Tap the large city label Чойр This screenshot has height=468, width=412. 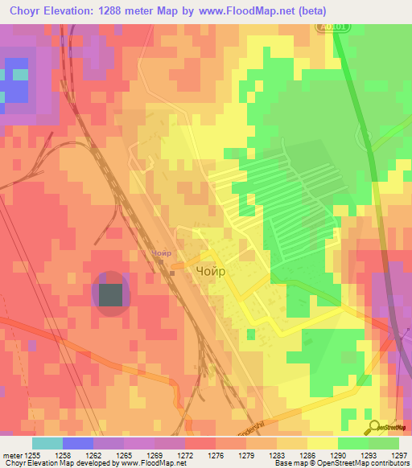211,273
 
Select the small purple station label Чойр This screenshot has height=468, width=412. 160,253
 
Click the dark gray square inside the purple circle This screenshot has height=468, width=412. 110,294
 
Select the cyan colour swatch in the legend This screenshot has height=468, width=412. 47,443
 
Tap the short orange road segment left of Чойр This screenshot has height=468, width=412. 181,265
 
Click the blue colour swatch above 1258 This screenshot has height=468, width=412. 78,443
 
